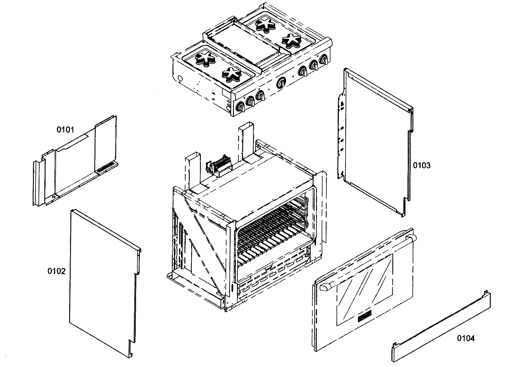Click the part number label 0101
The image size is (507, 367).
pyautogui.click(x=65, y=130)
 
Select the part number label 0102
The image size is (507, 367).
pyautogui.click(x=56, y=271)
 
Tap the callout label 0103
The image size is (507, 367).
pyautogui.click(x=421, y=166)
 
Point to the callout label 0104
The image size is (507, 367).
pyautogui.click(x=466, y=338)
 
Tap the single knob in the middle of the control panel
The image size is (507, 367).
pyautogui.click(x=281, y=82)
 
